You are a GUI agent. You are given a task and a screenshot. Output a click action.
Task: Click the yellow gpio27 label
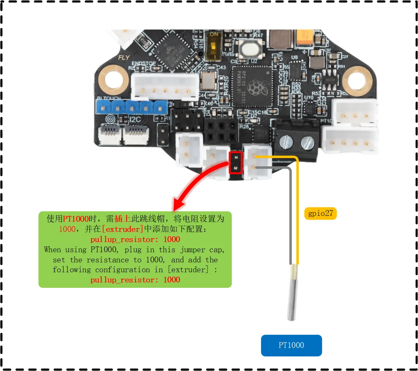point(320,214)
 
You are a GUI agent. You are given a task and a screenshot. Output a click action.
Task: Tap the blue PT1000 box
point(291,345)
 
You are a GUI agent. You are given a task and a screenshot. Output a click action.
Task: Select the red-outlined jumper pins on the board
point(236,163)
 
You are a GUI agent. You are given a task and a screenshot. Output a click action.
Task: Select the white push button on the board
point(252,49)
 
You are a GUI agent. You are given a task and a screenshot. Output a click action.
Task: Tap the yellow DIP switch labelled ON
point(214,45)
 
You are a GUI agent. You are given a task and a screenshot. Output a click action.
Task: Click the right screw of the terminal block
point(308,143)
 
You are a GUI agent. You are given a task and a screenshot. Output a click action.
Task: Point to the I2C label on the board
point(135,119)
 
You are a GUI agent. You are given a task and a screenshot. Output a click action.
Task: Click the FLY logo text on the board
point(124,57)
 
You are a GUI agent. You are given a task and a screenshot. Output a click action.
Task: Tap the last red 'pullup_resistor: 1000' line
point(135,280)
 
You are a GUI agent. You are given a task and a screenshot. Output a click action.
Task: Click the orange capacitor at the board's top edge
point(304,37)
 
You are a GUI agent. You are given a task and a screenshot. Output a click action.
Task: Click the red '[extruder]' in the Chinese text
point(123,229)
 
